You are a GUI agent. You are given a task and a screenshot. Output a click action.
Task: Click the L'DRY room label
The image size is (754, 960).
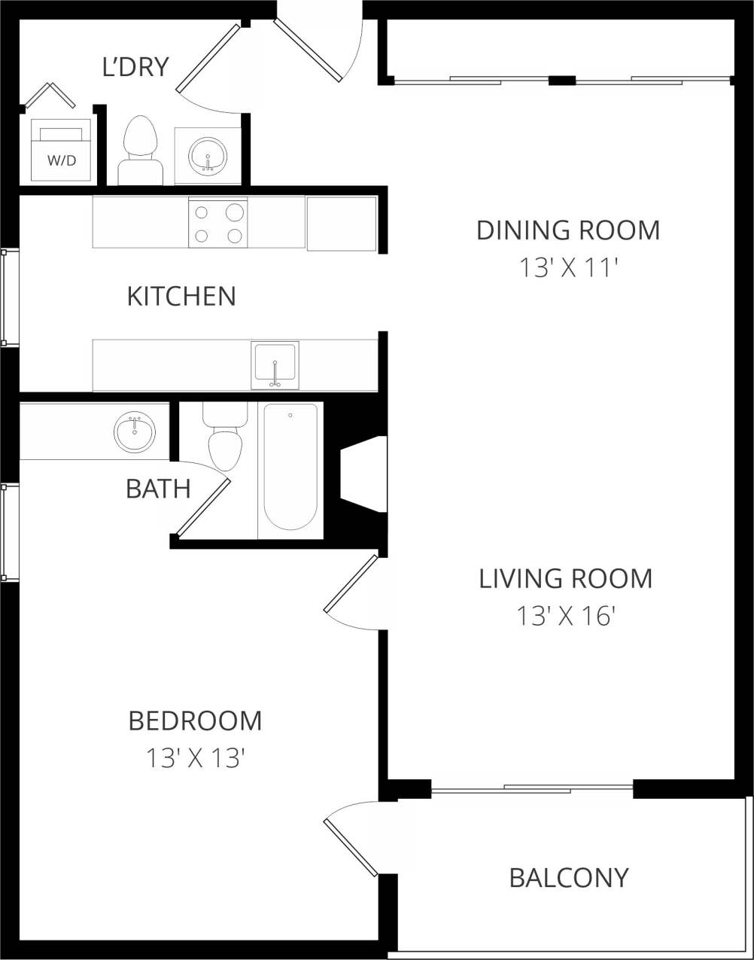click(x=135, y=67)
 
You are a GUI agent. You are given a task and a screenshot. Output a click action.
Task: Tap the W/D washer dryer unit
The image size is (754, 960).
click(x=61, y=151)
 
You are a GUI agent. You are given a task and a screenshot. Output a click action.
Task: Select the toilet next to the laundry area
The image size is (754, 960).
click(x=140, y=150)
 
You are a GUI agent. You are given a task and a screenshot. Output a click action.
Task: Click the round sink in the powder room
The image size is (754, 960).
click(x=208, y=156)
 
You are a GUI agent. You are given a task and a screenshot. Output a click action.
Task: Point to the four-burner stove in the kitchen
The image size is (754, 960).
click(x=218, y=223)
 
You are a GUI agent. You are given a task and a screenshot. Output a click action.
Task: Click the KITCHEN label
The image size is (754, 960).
click(x=181, y=296)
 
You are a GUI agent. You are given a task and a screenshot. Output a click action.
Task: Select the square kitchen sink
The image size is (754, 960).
click(x=275, y=365)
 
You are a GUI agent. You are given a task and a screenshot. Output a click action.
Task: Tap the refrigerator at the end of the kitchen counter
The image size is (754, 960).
click(x=341, y=224)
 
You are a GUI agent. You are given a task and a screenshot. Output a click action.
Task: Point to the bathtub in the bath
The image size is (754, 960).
click(x=290, y=467)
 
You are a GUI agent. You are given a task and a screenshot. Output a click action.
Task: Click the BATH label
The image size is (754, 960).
click(x=158, y=489)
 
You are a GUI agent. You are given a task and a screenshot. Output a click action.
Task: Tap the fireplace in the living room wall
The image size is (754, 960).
click(x=363, y=475)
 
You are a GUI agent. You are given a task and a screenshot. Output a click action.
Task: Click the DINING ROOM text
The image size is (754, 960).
click(x=568, y=230)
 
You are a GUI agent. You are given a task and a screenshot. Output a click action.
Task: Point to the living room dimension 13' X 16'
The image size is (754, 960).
click(x=566, y=617)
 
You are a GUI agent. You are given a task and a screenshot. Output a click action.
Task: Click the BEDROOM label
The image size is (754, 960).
click(x=195, y=721)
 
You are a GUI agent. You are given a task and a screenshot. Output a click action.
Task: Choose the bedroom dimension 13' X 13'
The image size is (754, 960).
click(x=195, y=758)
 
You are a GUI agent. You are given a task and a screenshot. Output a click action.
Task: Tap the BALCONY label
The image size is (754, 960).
click(x=569, y=878)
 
